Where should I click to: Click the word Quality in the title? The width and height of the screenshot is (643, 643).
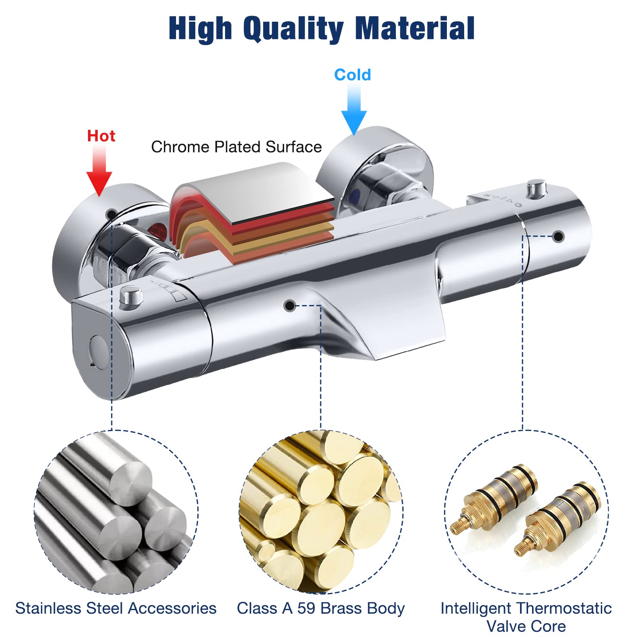pyautogui.click(x=293, y=29)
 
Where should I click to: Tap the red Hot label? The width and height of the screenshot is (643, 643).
pyautogui.click(x=101, y=136)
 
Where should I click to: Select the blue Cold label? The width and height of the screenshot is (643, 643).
pyautogui.click(x=352, y=75)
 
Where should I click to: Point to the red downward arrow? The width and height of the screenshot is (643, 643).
pyautogui.click(x=99, y=171)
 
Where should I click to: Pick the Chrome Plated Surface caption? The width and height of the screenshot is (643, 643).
pyautogui.click(x=236, y=147)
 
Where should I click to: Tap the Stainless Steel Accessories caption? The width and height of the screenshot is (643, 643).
pyautogui.click(x=116, y=608)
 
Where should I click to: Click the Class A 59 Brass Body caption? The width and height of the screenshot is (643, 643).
pyautogui.click(x=321, y=608)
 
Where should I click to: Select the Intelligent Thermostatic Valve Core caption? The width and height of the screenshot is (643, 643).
pyautogui.click(x=526, y=617)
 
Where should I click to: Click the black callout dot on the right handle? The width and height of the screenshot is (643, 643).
pyautogui.click(x=558, y=236)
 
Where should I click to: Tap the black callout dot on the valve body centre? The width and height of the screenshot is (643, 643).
pyautogui.click(x=289, y=306)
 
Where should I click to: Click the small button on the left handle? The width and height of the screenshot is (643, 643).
pyautogui.click(x=131, y=296)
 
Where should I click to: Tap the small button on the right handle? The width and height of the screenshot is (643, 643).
pyautogui.click(x=537, y=189)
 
